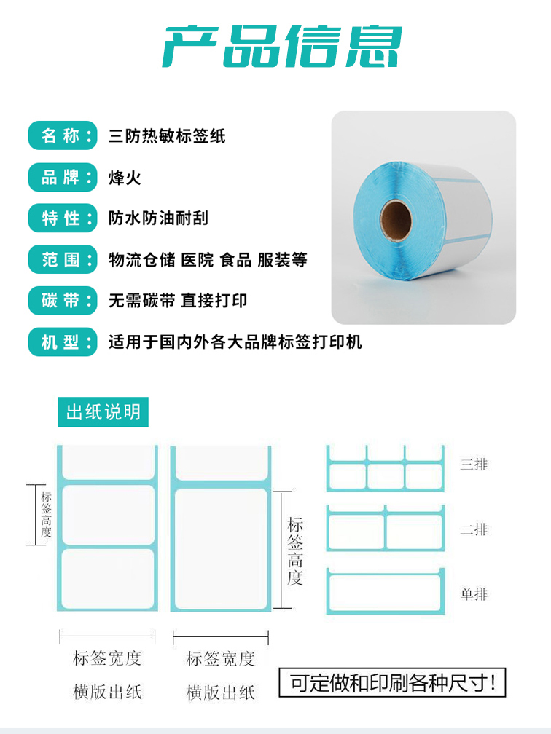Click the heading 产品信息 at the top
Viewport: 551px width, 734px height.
tap(282, 46)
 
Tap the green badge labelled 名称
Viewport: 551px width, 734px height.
tap(63, 135)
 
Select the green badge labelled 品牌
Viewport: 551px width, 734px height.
tap(63, 177)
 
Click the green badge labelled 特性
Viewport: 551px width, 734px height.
tap(63, 218)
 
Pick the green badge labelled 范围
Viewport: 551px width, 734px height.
tap(63, 259)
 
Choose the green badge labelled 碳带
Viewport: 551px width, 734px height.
tap(63, 300)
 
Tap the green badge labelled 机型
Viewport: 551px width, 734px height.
tap(63, 342)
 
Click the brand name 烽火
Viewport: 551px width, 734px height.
tap(125, 178)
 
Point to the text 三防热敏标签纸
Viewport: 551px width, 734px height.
tap(167, 135)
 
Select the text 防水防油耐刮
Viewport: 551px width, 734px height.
tap(158, 218)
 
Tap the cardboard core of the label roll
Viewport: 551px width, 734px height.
tap(396, 220)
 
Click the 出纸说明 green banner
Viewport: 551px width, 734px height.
tap(103, 412)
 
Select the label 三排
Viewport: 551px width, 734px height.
tap(474, 465)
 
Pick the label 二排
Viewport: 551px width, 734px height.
tap(474, 529)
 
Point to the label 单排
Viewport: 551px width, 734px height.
tap(474, 594)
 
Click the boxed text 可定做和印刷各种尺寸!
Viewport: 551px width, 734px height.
tap(392, 683)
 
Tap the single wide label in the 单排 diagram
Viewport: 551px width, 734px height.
tap(385, 593)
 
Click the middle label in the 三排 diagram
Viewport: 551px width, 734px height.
tap(385, 476)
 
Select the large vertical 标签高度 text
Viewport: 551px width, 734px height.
tap(295, 551)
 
